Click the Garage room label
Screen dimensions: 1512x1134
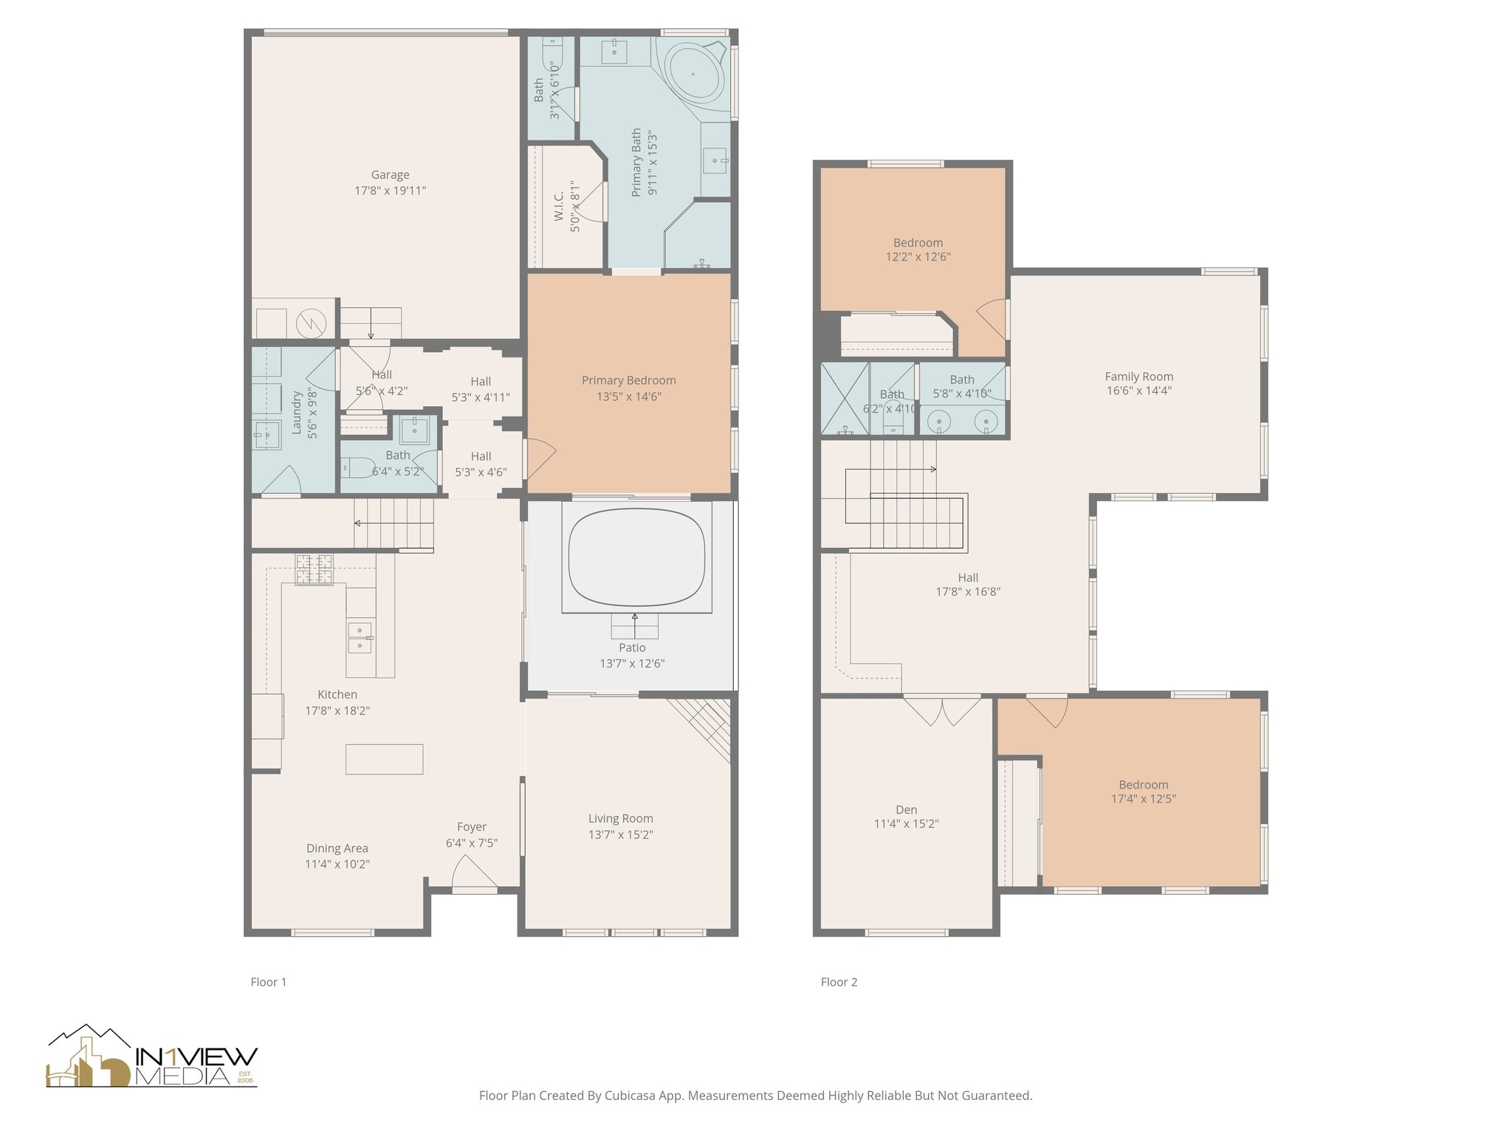[390, 175]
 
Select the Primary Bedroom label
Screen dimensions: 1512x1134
[629, 380]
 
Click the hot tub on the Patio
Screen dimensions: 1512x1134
[636, 557]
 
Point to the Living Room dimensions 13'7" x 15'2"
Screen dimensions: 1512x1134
[621, 834]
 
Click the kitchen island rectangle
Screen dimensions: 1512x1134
[384, 759]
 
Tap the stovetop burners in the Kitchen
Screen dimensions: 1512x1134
[314, 569]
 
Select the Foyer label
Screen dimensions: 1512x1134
[472, 827]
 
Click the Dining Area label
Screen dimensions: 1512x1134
[337, 848]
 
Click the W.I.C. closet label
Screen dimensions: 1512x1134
[559, 206]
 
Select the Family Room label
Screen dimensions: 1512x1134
[1139, 377]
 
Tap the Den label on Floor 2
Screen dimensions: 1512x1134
[907, 810]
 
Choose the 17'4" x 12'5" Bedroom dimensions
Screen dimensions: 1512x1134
[1144, 798]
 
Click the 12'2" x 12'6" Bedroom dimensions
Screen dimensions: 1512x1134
[918, 257]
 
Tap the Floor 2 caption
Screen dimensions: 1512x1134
[839, 982]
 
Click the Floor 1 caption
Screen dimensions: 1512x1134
[269, 982]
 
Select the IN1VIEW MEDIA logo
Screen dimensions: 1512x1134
[152, 1056]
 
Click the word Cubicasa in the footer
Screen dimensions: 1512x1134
[632, 1096]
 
